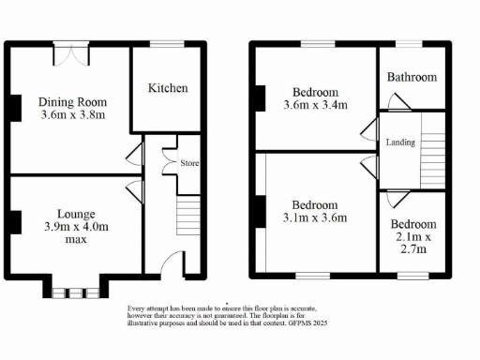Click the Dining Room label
pos(72,102)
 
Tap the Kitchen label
pos(168,89)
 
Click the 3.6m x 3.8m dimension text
pos(72,117)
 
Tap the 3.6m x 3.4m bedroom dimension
pos(315,107)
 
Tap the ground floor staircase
pos(188,217)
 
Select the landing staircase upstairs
pos(432,150)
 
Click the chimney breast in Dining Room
pos(16,108)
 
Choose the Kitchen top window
pos(168,43)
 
